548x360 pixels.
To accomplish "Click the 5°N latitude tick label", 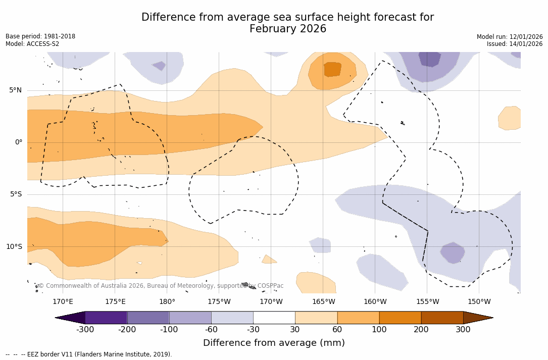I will coord(15,90).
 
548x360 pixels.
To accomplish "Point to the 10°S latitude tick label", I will coord(14,247).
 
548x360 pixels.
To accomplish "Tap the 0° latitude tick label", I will coord(19,142).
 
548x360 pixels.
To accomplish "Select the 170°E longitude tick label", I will coord(63,302).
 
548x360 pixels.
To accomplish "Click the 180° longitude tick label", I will coord(167,302).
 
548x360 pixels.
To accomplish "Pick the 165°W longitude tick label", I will coord(323,302).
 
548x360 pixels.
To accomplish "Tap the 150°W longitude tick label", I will coord(479,302).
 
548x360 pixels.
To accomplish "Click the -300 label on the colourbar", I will coord(85,330).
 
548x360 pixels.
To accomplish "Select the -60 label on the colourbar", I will coord(211,330).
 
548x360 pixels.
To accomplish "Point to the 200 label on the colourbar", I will coord(421,330).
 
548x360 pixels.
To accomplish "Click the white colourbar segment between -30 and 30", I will coord(274,318).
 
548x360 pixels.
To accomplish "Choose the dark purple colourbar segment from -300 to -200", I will coord(106,318).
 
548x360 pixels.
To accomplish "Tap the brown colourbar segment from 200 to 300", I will coord(442,318).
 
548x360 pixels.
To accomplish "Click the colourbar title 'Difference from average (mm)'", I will coord(274,343).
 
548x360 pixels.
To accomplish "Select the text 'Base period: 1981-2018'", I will coord(40,36).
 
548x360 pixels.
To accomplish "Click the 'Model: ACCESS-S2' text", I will coord(32,44).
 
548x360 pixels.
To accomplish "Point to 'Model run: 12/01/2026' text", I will coord(510,37).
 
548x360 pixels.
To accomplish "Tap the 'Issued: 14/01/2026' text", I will coord(515,44).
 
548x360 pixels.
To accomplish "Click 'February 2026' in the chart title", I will coord(288,29).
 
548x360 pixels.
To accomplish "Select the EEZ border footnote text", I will coord(89,354).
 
